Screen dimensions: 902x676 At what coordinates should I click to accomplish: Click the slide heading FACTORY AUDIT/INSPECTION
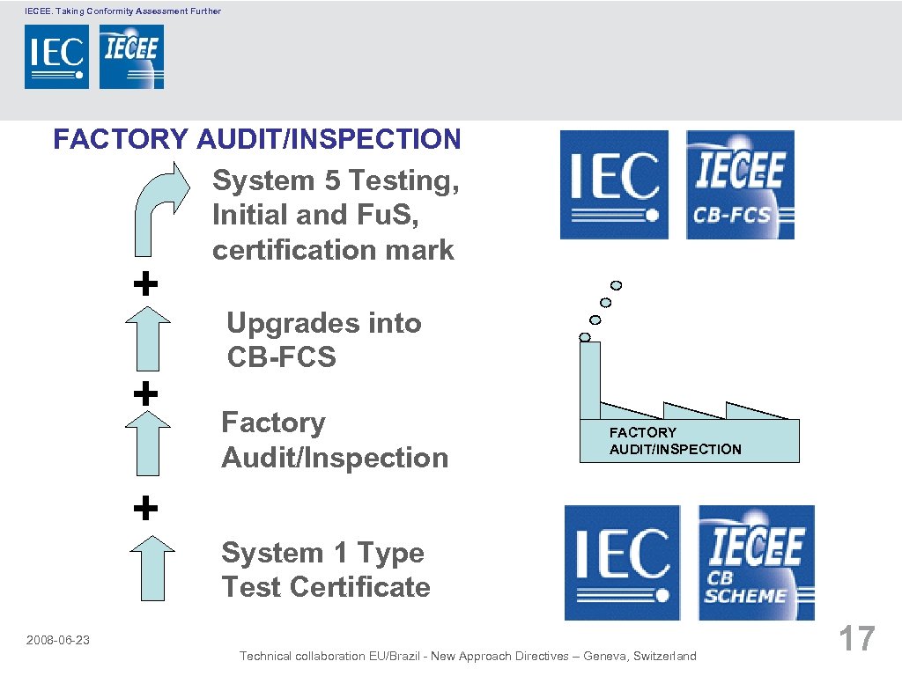[256, 139]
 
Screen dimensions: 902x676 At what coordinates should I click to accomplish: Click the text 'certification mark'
[333, 250]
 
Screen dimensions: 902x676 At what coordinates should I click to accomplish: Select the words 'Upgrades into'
[324, 323]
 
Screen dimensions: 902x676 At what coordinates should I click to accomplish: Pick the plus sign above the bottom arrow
[145, 508]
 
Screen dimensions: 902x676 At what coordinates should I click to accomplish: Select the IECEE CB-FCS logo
[740, 185]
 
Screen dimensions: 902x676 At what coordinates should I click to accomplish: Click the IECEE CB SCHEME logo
[756, 562]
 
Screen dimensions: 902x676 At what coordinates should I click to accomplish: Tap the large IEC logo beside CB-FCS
[614, 185]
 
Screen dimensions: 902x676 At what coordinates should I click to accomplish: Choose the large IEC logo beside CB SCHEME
[622, 562]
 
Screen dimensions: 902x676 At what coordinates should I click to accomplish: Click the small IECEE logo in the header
[131, 56]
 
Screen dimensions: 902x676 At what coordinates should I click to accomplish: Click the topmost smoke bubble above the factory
[617, 285]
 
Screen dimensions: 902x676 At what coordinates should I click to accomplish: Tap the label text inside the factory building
[675, 441]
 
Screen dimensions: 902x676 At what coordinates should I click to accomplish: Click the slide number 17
[856, 638]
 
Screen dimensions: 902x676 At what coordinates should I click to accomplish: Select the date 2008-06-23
[58, 640]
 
